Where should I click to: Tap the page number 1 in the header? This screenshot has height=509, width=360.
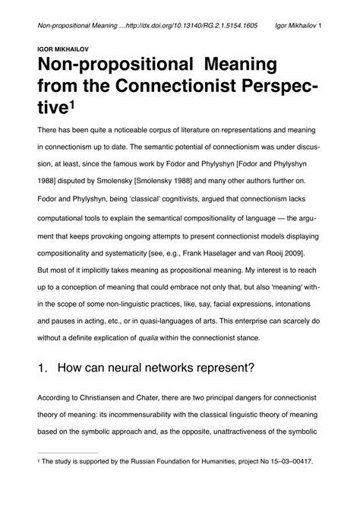(x=321, y=24)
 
